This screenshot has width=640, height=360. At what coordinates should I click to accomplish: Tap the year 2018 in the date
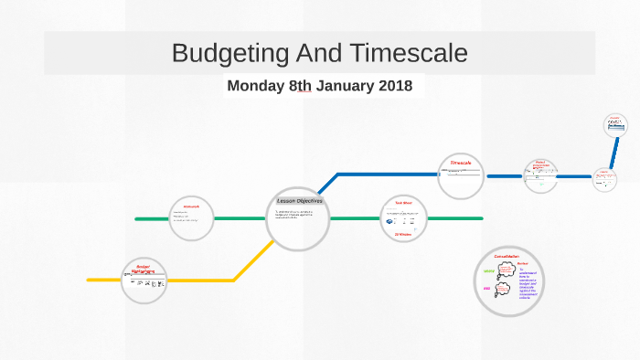391,87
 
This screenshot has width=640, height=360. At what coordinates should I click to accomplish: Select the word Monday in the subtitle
256,87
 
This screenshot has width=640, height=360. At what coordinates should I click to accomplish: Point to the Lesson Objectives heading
300,201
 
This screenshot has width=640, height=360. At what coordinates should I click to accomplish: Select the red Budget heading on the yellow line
143,267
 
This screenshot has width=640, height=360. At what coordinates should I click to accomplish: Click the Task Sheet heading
404,203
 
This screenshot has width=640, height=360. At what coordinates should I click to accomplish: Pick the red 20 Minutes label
404,235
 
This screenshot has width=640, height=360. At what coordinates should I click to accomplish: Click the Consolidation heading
506,257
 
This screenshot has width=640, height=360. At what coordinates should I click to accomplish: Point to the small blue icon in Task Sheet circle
392,221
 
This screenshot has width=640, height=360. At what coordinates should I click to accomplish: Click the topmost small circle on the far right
616,124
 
